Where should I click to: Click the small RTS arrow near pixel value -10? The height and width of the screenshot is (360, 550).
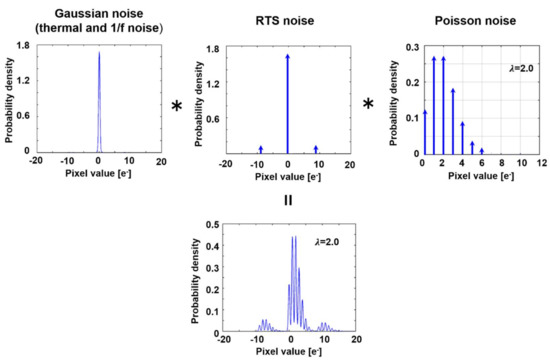(260, 149)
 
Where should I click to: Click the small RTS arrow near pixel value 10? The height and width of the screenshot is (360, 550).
(316, 149)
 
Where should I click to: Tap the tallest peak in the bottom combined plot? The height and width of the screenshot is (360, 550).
(292, 238)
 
